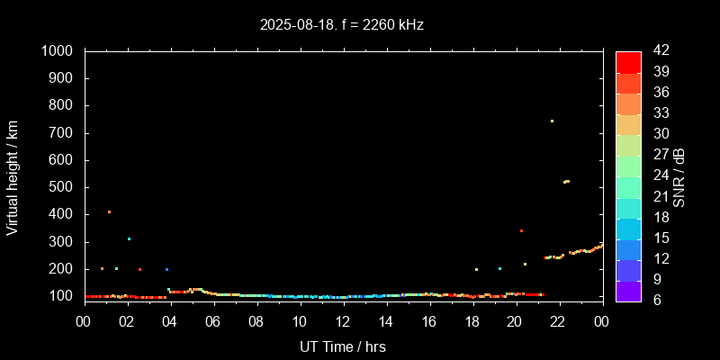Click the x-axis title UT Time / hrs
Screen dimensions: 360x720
click(x=343, y=346)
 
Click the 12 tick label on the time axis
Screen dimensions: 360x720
click(x=343, y=320)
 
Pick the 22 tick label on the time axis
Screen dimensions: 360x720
click(x=558, y=320)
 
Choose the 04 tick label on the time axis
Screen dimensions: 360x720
click(x=171, y=320)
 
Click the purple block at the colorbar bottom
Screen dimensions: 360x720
click(x=628, y=291)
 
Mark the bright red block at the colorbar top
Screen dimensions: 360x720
click(x=628, y=61)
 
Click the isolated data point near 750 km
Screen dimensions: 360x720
click(x=552, y=121)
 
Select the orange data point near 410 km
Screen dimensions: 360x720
click(x=109, y=211)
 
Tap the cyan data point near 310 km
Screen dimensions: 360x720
click(x=129, y=238)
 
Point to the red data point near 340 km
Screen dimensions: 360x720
click(x=521, y=230)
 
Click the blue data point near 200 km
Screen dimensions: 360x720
click(x=166, y=269)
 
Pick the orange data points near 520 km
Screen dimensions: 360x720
click(x=566, y=182)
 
